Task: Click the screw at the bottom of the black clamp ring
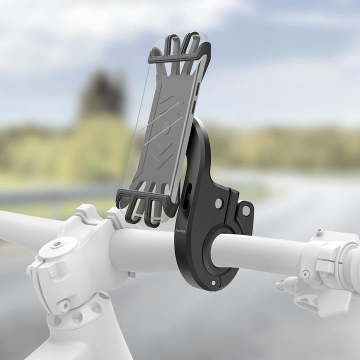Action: coord(213,283)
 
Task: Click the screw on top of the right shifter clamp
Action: coord(318,233)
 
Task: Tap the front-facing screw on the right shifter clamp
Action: coord(304,274)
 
